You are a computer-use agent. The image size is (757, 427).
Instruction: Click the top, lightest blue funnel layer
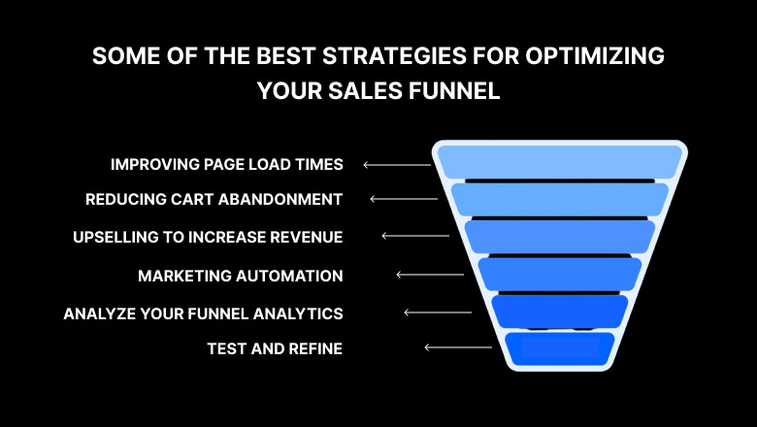tap(560, 162)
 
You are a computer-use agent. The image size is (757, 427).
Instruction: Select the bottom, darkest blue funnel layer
tap(560, 348)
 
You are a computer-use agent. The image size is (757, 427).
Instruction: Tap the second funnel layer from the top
tap(560, 199)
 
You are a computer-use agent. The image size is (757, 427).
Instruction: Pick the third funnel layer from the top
tap(560, 237)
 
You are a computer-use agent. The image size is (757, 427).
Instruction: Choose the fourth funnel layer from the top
tap(560, 274)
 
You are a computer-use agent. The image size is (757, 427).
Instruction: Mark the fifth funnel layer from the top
tap(560, 312)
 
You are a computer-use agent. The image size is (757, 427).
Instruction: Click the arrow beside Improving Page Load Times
tap(397, 165)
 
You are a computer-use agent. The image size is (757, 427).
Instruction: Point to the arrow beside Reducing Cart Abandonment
tap(404, 199)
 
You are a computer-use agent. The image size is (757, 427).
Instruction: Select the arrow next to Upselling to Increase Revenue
tap(415, 236)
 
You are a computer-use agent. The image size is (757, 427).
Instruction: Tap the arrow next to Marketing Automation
tap(430, 275)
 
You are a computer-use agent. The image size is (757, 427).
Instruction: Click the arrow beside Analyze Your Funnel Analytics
tap(438, 312)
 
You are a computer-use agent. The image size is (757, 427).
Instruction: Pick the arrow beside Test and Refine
tap(458, 347)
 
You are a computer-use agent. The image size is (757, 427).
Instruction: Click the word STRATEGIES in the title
tap(394, 56)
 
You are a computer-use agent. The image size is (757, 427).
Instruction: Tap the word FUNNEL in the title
tap(454, 90)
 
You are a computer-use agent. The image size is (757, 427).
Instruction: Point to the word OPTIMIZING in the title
tap(595, 56)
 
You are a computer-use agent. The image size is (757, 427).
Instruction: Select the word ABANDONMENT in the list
tap(280, 199)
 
